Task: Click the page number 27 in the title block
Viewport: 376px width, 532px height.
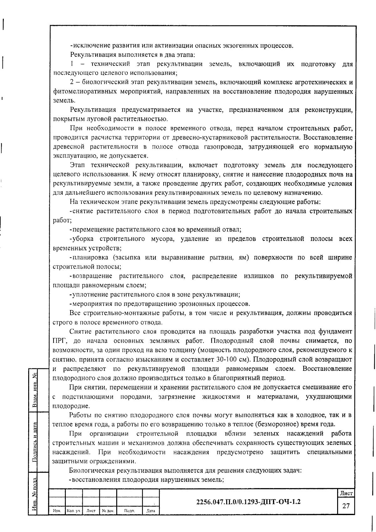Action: coord(346,506)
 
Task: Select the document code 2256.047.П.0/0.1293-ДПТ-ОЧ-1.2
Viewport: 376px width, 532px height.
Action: coord(248,502)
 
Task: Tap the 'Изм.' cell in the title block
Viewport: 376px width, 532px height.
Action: coord(57,511)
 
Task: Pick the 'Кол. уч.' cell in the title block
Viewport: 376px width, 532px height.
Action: coord(74,511)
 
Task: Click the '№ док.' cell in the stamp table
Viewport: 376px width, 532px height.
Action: coord(108,511)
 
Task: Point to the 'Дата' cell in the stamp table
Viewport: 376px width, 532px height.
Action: coord(151,511)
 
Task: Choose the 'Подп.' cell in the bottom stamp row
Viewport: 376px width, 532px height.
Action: coord(129,511)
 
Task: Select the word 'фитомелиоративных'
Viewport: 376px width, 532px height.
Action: coord(84,92)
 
